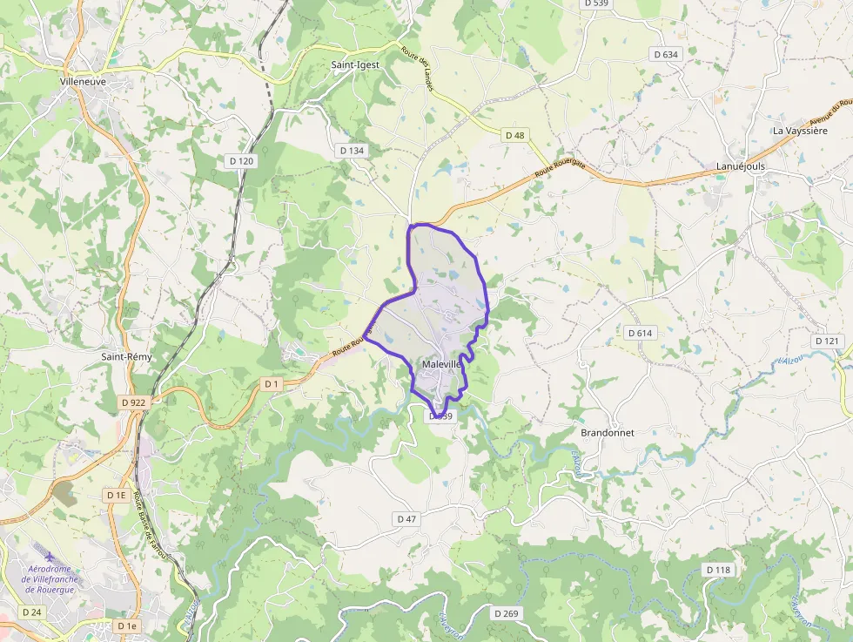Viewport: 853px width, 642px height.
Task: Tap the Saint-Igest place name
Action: [x=355, y=64]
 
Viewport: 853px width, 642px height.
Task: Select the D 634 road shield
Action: [x=665, y=54]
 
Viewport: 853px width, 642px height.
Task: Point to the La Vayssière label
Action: [x=800, y=131]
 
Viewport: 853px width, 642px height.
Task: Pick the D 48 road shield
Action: [x=515, y=135]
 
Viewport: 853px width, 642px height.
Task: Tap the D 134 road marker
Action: [x=353, y=151]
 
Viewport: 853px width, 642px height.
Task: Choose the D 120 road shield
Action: [x=241, y=161]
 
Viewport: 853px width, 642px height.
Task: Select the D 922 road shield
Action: [x=134, y=402]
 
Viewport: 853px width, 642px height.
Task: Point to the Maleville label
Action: [x=440, y=364]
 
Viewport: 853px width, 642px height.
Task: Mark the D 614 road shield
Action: [x=640, y=333]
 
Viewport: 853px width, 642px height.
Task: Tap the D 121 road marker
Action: [x=826, y=341]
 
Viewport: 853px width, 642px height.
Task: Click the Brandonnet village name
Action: [x=608, y=433]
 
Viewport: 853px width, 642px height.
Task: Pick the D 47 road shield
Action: [x=406, y=518]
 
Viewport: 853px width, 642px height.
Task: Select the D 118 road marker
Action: [x=718, y=570]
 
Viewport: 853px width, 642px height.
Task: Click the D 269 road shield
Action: [x=506, y=613]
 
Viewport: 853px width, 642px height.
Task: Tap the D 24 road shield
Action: [x=31, y=612]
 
